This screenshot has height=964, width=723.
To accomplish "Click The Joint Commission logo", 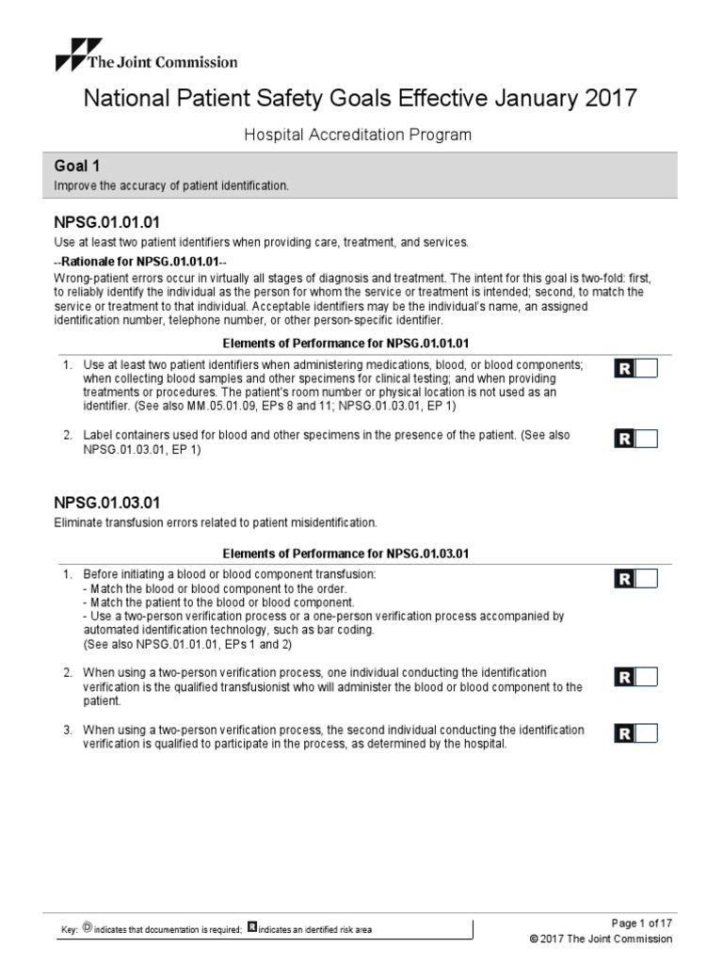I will pyautogui.click(x=145, y=56).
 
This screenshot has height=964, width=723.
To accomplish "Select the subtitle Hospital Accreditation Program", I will pyautogui.click(x=359, y=135).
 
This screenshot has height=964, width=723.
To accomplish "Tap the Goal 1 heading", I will pyautogui.click(x=78, y=166).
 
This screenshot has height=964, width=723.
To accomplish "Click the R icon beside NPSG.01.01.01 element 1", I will pyautogui.click(x=624, y=368).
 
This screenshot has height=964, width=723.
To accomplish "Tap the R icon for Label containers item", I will pyautogui.click(x=624, y=439).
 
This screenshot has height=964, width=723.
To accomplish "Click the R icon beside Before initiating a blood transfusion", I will pyautogui.click(x=624, y=578).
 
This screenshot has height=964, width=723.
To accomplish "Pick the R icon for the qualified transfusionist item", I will pyautogui.click(x=624, y=676).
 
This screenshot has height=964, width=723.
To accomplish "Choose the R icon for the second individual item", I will pyautogui.click(x=624, y=733).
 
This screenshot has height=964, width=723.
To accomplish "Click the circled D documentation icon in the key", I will pyautogui.click(x=88, y=928).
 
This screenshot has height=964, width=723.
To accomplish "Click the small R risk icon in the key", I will pyautogui.click(x=252, y=928).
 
